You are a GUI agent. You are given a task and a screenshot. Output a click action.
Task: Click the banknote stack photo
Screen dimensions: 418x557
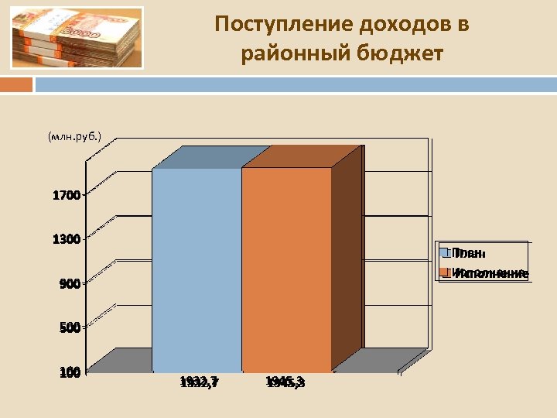tap(77, 37)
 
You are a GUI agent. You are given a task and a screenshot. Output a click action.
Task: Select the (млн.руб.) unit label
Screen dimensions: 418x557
tap(73, 136)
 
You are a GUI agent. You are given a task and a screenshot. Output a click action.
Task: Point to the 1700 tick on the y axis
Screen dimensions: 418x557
tap(66, 196)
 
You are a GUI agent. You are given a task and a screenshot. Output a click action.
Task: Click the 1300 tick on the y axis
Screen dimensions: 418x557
tap(66, 239)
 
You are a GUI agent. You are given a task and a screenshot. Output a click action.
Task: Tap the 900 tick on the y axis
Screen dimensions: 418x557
tap(70, 284)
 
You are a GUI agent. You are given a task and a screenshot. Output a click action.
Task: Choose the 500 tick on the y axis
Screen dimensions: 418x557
tap(70, 328)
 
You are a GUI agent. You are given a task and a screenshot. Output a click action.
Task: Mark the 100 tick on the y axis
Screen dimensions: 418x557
tap(70, 373)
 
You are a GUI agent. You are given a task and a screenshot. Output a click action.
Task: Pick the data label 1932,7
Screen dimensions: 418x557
tap(199, 382)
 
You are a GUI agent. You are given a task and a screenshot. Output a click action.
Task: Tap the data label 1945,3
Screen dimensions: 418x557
tap(285, 382)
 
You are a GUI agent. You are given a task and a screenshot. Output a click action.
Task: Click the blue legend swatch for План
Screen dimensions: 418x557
tap(446, 252)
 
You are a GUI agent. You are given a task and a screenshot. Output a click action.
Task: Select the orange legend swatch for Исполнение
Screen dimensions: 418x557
tap(446, 272)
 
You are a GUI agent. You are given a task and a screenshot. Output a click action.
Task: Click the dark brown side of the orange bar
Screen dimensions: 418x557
tap(347, 263)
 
